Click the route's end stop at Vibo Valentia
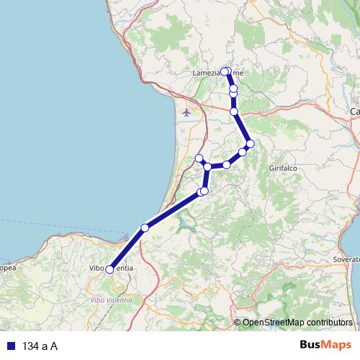(x=109, y=269)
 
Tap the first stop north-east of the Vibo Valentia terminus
(x=145, y=228)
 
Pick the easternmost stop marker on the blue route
(x=250, y=144)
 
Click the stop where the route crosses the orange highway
(x=234, y=112)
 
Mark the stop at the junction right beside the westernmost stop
(x=207, y=167)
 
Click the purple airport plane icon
(x=187, y=112)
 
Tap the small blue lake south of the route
(x=189, y=225)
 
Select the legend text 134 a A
(x=40, y=346)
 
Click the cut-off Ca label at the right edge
(x=354, y=112)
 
